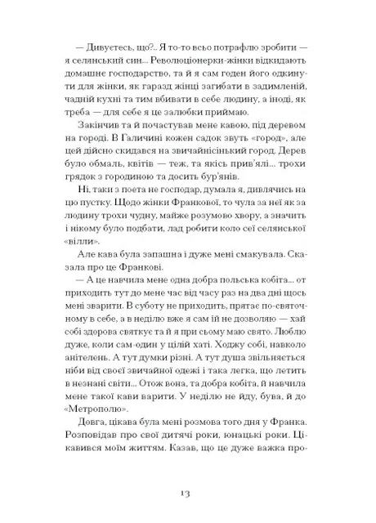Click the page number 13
(x=187, y=494)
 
